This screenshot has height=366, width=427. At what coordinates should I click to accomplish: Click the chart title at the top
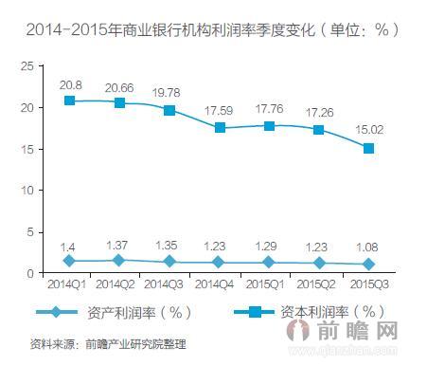pos(213,29)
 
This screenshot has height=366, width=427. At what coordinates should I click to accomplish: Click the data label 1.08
pos(368,247)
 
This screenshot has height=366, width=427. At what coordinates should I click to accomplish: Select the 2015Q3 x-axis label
pos(368,284)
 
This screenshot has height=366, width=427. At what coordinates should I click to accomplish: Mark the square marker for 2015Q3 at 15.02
pos(368,148)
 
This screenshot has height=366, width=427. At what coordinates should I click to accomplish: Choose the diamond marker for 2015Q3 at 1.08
pos(368,264)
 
